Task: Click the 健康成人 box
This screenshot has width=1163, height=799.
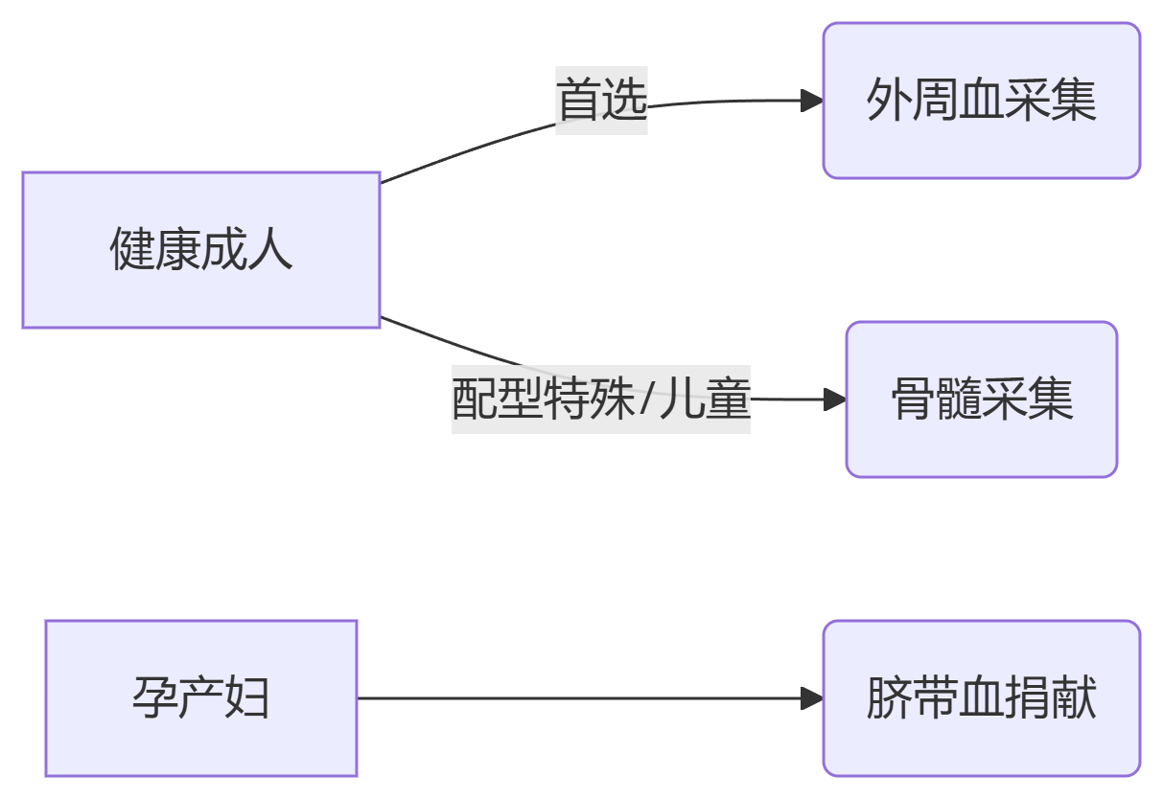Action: coord(201,250)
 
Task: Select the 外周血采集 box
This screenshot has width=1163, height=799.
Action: coord(981,101)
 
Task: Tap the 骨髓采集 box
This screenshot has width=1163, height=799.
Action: coord(981,399)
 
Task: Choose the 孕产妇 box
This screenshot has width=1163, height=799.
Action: coord(201,697)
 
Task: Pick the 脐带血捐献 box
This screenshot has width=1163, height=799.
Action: coord(981,697)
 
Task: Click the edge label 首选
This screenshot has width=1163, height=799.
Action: coord(602,101)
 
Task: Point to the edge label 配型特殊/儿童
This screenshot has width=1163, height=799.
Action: coord(600,399)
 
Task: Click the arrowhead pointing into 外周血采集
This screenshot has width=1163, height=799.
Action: coord(812,101)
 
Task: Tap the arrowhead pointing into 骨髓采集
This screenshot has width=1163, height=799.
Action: coord(835,399)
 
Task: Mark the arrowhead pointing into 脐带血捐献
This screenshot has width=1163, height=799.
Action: coord(812,698)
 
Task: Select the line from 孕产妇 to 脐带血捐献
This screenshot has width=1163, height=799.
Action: coord(575,698)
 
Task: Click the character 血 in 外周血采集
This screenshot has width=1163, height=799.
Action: coord(981,101)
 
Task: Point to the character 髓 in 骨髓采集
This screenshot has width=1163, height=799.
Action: coord(959,399)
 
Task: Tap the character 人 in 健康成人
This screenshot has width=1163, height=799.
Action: coord(270,250)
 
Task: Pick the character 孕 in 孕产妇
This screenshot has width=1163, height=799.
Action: coord(155,697)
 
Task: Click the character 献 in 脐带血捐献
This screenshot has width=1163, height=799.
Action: coord(1074,697)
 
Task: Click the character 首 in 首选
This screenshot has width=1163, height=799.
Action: coord(579,101)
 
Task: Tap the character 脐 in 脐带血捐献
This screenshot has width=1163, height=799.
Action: coord(889,697)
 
